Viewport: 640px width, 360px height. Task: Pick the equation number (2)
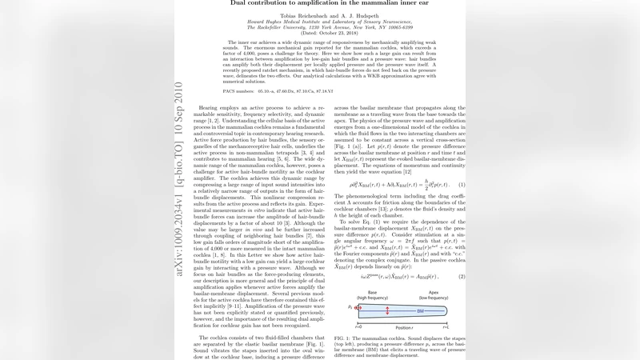click(462, 277)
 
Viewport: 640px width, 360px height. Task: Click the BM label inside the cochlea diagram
click(419, 310)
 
